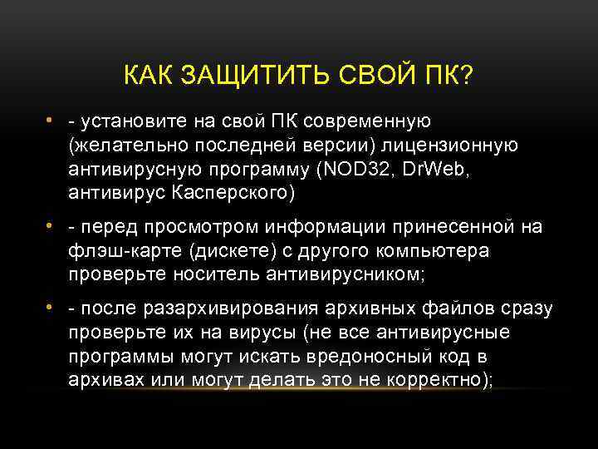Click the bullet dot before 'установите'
tap(51, 121)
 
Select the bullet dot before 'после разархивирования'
tap(51, 308)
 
